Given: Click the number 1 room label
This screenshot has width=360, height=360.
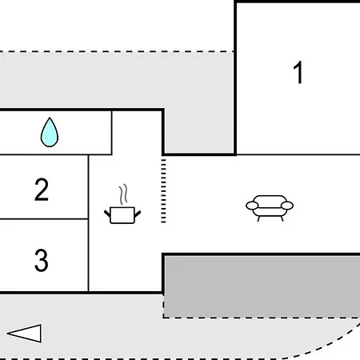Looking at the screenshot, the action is point(298,72).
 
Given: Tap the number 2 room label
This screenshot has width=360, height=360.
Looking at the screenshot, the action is point(42,190).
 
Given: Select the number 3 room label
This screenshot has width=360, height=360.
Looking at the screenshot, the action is point(42,260).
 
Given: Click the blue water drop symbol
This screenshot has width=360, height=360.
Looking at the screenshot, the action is point(50,132).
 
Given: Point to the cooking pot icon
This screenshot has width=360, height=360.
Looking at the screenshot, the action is point(122,204).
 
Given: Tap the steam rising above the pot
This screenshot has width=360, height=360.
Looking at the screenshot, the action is point(123,194).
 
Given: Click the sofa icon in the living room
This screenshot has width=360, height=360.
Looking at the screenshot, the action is point(270,208).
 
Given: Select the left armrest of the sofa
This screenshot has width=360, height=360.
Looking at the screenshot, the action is point(252,206).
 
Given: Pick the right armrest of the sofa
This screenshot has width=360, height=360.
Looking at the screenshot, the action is point(287,206).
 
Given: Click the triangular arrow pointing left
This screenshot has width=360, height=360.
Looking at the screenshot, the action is point(25,334).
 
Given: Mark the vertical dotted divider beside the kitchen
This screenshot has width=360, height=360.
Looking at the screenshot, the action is point(163,191).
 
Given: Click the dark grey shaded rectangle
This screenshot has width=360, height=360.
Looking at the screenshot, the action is point(262,286).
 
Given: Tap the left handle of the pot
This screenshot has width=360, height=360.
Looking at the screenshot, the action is point(107,214).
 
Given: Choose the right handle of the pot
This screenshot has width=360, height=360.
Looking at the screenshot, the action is point(138,214).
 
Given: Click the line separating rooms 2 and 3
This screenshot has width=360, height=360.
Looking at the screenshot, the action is point(44,219).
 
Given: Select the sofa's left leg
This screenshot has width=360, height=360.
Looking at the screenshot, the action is point(258,218).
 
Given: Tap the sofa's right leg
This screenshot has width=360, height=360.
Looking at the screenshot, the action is point(282,218).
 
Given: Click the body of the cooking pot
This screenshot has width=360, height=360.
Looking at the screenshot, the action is point(122,215).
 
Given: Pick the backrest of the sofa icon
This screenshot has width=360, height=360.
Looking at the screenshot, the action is point(270,198).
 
